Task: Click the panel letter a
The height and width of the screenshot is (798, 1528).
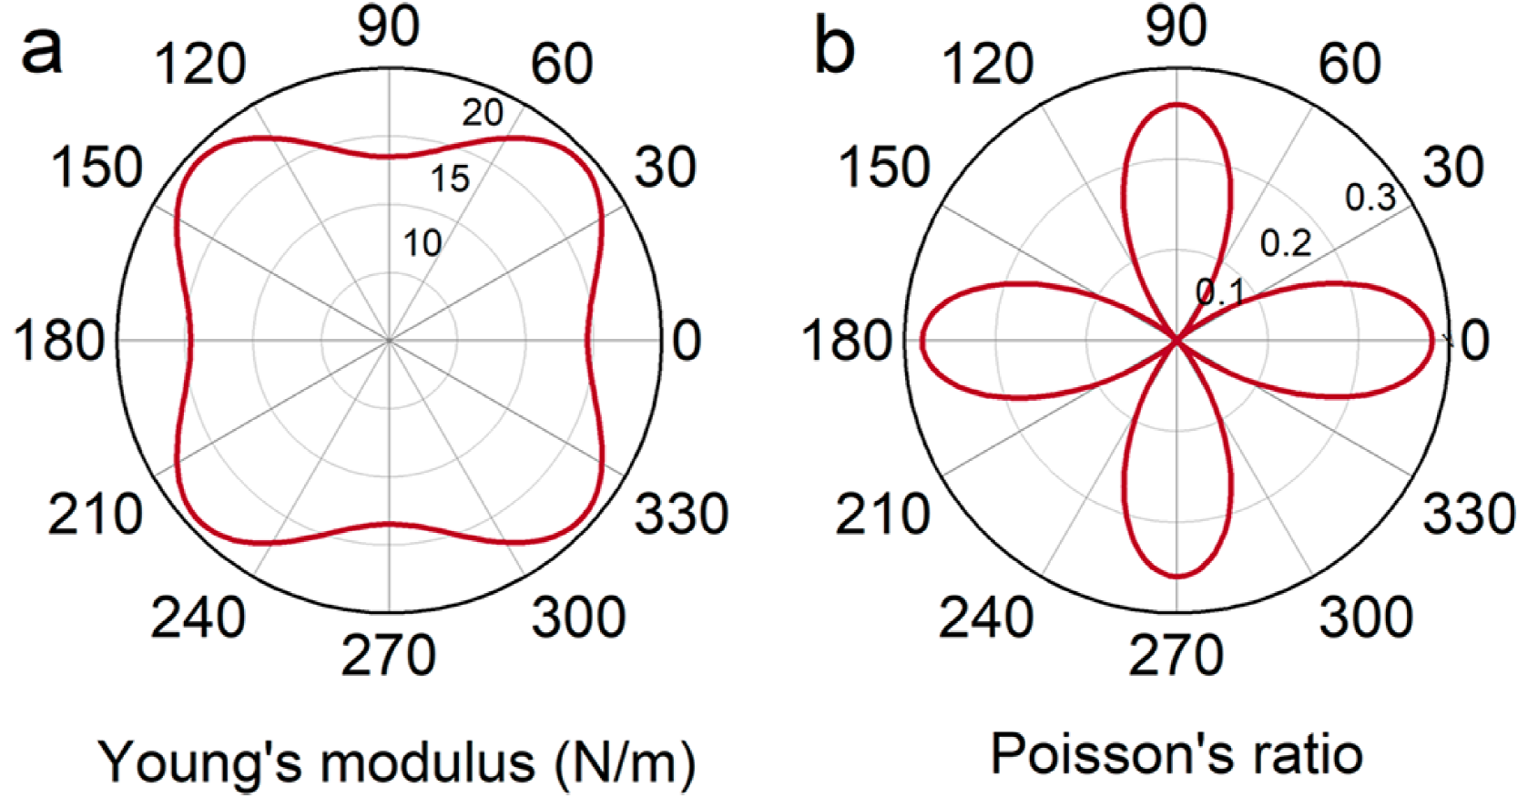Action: click(x=42, y=51)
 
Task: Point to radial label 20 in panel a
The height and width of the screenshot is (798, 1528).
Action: click(x=483, y=113)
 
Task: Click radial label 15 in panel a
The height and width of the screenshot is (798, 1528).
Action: click(x=450, y=179)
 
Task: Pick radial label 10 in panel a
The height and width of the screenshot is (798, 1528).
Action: click(x=423, y=242)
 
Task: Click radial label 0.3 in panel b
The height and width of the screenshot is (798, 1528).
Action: click(x=1370, y=198)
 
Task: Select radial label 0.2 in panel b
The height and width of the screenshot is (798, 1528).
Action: click(x=1285, y=244)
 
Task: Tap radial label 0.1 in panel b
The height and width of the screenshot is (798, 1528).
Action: click(x=1220, y=292)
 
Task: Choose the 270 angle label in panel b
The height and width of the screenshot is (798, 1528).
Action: click(x=1176, y=655)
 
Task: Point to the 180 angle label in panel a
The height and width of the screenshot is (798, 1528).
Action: click(x=59, y=341)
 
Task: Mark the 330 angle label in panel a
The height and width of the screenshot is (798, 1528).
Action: click(x=681, y=514)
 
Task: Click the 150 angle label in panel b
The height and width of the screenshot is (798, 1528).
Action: click(x=883, y=168)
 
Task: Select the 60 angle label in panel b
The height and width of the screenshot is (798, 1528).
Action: click(x=1350, y=64)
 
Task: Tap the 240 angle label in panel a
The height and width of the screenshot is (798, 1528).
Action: click(x=198, y=617)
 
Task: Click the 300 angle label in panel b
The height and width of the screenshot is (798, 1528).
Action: click(x=1366, y=617)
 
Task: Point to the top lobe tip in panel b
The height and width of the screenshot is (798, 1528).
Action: click(x=1177, y=104)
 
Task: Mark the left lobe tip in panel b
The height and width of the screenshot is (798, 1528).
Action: click(x=921, y=340)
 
